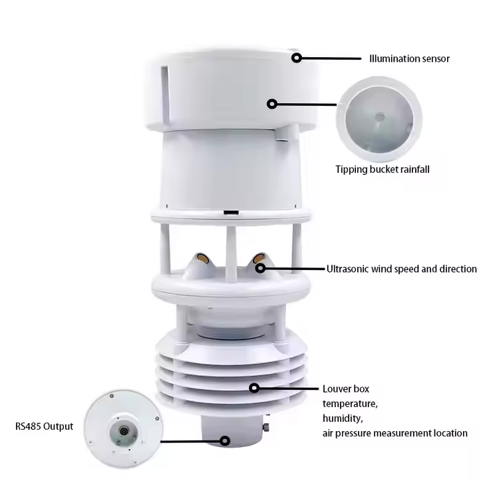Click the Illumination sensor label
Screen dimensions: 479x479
click(x=409, y=59)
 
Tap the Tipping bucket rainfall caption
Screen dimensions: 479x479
click(x=383, y=170)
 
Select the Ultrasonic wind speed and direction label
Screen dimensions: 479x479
click(x=401, y=269)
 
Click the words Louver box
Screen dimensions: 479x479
click(x=346, y=389)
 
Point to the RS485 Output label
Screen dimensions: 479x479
click(x=45, y=426)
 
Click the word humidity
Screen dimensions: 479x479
click(x=343, y=418)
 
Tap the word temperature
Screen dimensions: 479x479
click(x=350, y=404)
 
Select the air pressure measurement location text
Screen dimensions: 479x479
click(x=395, y=433)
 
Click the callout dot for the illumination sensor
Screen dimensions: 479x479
click(x=296, y=58)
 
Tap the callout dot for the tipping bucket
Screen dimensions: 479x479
click(x=272, y=104)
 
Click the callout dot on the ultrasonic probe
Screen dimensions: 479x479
click(x=260, y=269)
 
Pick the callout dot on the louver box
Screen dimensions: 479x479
click(x=254, y=389)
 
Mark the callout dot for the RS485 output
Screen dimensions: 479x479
click(x=225, y=441)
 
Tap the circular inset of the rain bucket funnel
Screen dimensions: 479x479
click(x=379, y=119)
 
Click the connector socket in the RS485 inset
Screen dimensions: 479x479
click(x=124, y=432)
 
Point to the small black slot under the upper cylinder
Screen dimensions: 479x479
click(x=231, y=213)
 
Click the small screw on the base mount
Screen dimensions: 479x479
click(x=266, y=426)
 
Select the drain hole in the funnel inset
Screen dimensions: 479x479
click(x=379, y=116)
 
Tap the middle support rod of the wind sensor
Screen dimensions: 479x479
click(x=230, y=254)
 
